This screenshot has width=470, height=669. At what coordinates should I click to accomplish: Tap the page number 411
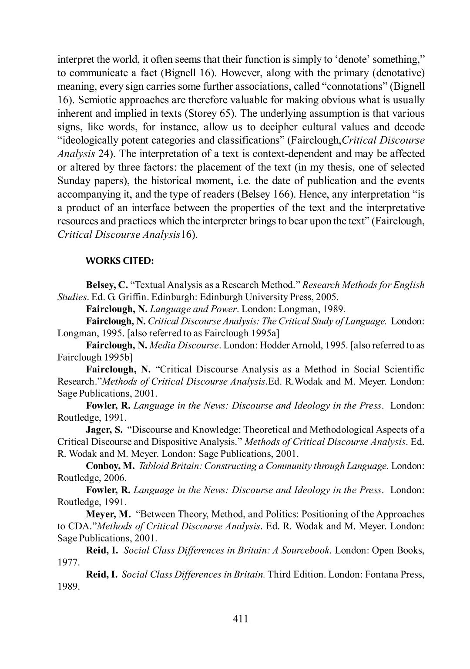click(241, 619)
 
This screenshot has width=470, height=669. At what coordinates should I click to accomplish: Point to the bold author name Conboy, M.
click(111, 466)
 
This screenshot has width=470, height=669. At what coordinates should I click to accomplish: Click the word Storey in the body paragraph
click(201, 114)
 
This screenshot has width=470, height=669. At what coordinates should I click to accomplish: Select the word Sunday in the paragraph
click(74, 181)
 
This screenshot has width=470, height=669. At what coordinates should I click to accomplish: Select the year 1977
click(69, 562)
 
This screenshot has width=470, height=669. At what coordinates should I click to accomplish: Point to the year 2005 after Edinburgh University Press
click(327, 297)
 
